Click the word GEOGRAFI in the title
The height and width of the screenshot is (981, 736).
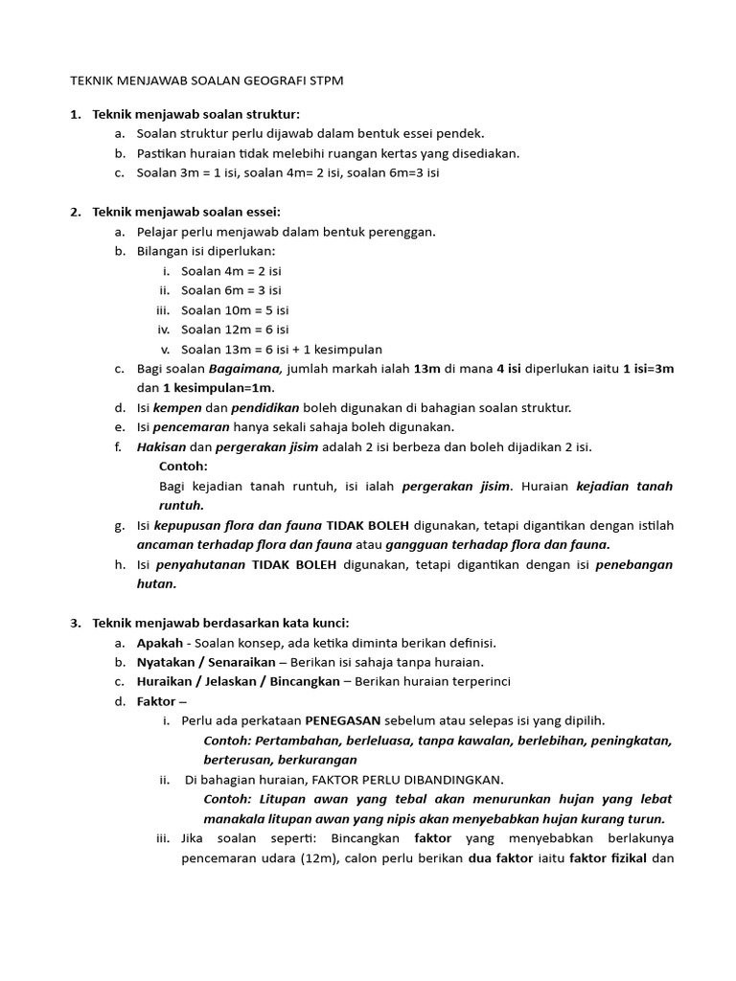267,82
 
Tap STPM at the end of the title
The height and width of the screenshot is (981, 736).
323,82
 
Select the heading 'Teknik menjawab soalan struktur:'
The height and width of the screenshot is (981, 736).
196,115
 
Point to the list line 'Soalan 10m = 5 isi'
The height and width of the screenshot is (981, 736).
235,310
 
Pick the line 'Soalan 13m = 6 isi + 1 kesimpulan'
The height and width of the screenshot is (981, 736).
282,350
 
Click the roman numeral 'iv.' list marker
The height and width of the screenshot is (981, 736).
163,330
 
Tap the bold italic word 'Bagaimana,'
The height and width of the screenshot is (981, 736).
245,369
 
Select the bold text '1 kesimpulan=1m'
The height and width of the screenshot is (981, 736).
218,388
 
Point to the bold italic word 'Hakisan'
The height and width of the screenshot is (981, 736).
161,447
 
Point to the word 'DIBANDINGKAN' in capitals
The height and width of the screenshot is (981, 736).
457,780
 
